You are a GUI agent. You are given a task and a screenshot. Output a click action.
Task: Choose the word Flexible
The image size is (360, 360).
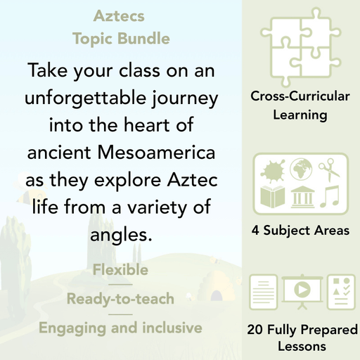(120, 270)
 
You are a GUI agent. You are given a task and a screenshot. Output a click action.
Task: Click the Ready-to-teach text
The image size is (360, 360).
(120, 299)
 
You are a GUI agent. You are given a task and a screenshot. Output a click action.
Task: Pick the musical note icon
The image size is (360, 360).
(329, 195)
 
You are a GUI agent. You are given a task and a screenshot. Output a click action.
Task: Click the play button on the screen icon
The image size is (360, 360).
(301, 290)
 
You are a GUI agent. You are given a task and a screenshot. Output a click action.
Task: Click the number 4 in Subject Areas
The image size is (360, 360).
(255, 230)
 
